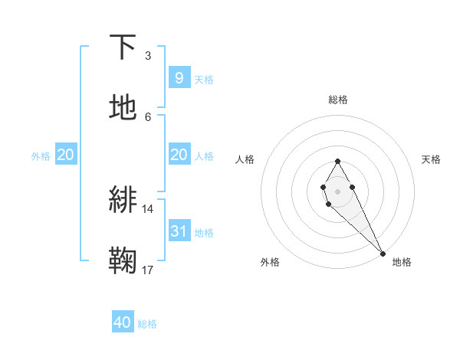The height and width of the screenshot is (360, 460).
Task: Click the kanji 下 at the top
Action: [x=123, y=47]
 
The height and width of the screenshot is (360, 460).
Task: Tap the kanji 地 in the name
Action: [x=123, y=108]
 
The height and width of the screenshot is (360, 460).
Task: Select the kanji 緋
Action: [x=123, y=201]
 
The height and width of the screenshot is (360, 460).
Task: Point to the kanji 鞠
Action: [x=123, y=261]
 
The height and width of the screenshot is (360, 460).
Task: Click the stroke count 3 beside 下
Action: [x=147, y=56]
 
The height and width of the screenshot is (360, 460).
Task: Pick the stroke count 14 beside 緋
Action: [x=147, y=208]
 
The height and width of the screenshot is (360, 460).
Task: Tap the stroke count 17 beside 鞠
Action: [x=147, y=270]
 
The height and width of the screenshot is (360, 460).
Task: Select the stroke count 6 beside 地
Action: [x=147, y=116]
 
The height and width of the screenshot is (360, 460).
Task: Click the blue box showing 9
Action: [x=179, y=77]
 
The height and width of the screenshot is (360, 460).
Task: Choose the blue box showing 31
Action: [x=179, y=231]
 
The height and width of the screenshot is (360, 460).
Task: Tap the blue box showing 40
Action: [x=123, y=322]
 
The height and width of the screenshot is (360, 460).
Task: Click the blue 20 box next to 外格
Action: [x=65, y=155]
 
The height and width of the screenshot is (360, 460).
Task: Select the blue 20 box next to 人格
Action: [x=179, y=155]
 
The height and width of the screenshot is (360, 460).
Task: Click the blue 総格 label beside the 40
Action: [x=147, y=324]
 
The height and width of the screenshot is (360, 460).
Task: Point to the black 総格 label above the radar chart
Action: [x=337, y=100]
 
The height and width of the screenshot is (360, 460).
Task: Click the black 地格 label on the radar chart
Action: [x=402, y=262]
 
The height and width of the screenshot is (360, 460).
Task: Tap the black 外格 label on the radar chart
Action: [x=270, y=262]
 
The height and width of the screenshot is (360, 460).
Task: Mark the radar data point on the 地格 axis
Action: [x=383, y=252]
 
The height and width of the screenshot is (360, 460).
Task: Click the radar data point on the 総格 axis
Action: [x=337, y=161]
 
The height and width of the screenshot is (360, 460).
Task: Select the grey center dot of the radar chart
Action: [x=337, y=190]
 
